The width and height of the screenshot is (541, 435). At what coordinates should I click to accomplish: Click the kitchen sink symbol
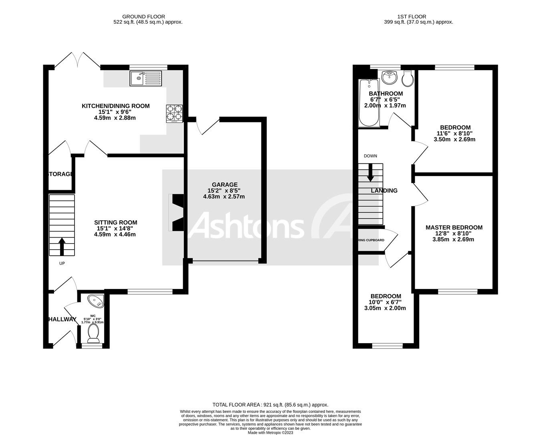point(145,78)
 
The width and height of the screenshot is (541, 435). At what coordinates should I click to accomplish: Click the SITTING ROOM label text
point(115,222)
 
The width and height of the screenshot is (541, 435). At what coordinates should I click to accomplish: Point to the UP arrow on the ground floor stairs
point(62,246)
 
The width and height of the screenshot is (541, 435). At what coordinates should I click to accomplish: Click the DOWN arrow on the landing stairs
point(371,172)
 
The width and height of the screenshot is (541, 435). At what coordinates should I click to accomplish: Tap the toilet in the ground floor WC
point(93,334)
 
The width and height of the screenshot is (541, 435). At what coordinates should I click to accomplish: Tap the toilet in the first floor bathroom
point(408,79)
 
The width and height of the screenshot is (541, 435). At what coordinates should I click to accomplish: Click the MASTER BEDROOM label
point(454,228)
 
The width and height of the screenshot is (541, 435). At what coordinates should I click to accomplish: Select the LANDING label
point(384,191)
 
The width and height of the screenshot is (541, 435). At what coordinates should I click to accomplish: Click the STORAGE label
point(61,174)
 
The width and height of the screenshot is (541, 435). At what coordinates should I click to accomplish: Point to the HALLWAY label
point(62,319)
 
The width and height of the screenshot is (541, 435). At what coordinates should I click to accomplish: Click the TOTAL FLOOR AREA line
point(270,405)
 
